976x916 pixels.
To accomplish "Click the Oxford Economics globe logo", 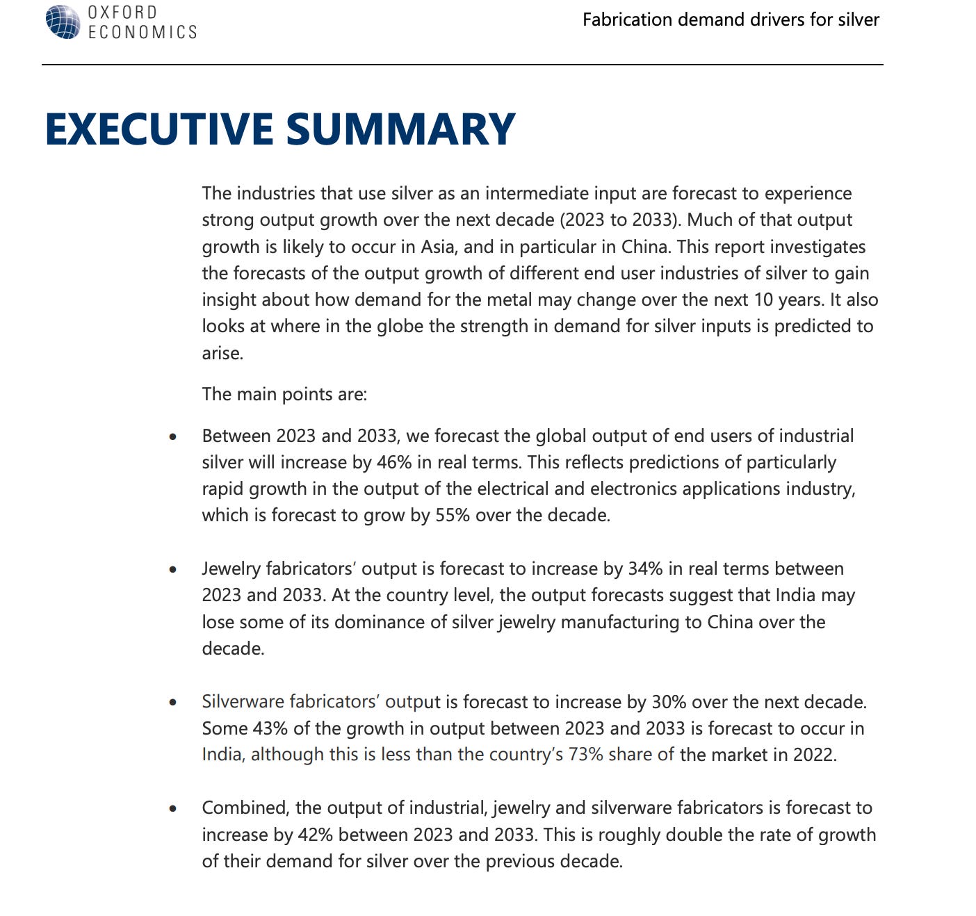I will (x=63, y=22).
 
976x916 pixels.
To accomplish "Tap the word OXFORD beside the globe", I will (x=122, y=13).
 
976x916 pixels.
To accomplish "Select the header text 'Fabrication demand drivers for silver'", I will (x=731, y=19).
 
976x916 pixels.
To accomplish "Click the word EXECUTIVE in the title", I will (x=159, y=129).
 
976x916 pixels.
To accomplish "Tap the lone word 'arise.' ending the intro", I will (x=222, y=353).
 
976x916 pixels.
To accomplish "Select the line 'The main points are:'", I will (x=284, y=394).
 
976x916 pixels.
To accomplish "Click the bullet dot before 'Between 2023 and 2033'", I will (x=172, y=437).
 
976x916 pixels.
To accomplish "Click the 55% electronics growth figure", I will (x=453, y=515).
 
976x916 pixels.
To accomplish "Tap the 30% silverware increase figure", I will (x=669, y=701).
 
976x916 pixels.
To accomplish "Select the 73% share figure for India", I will (x=585, y=755).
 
